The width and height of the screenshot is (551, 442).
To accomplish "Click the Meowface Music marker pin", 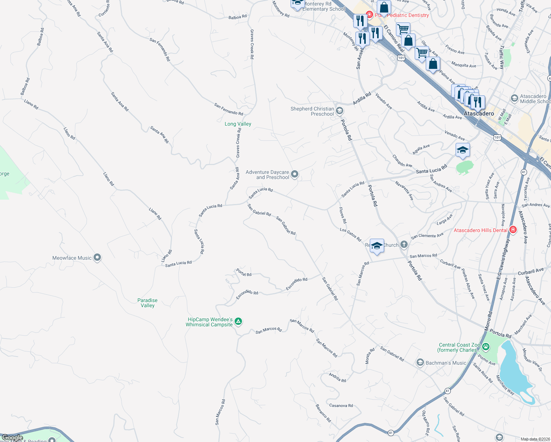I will pos(97,257).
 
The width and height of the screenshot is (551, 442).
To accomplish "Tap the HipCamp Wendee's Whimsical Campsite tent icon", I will pos(238,322).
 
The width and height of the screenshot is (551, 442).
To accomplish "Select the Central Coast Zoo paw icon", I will pos(486,347).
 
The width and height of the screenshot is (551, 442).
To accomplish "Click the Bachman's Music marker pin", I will pos(420,363).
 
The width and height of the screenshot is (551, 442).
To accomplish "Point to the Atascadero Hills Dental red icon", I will pos(513,230).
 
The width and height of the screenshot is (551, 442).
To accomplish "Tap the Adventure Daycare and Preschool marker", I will pos(294,174).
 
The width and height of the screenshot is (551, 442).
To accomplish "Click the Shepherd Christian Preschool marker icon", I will pos(340,110).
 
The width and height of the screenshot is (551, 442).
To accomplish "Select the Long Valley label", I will pos(238,124).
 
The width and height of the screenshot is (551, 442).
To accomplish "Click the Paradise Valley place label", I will pos(147,303).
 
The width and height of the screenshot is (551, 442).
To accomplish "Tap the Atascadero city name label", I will pos(479,113).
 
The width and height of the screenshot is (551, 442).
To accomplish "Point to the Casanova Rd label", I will pos(341,406).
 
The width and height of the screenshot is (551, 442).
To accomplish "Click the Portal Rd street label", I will pos(244,273).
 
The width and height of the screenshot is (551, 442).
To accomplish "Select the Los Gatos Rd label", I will pos(350,234).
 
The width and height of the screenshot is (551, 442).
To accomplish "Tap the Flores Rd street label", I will pos(343,215).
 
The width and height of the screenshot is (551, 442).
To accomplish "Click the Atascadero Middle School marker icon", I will pos(515,98).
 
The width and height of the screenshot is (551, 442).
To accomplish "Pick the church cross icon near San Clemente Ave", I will pos(404,244).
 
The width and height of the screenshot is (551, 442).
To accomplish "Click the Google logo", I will pos(13,438).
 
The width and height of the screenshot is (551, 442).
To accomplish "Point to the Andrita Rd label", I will pos(337,378).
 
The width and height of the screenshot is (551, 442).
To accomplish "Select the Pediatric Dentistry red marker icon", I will pos(369,15).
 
